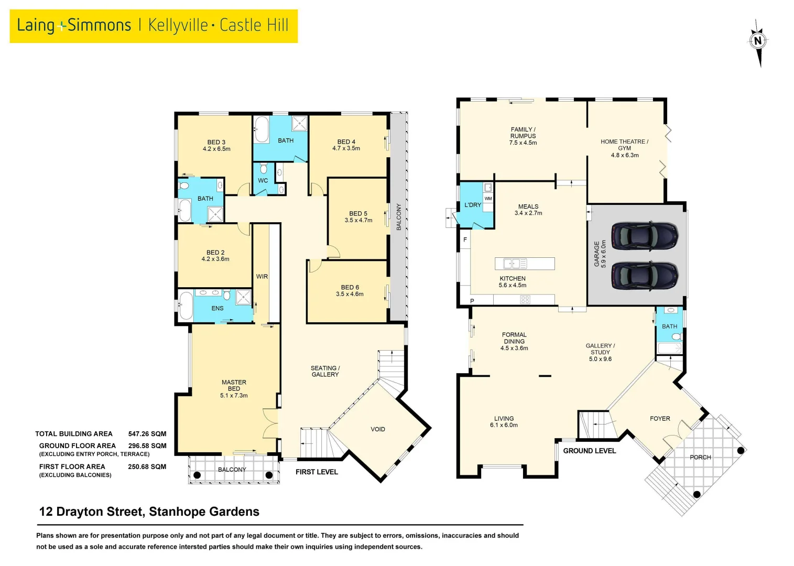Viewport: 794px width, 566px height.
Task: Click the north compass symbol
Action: tap(758, 41)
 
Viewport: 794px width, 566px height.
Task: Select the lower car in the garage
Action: tap(645, 275)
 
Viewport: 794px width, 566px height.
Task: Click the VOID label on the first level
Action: tap(377, 429)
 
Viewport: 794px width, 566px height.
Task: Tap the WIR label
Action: tap(262, 277)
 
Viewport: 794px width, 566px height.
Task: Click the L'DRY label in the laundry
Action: tap(472, 205)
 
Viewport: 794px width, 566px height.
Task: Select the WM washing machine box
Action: tap(488, 199)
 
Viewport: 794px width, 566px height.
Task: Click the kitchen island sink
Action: tap(512, 263)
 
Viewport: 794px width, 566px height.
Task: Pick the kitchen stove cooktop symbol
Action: tap(525, 300)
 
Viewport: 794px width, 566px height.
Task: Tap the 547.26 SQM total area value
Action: tap(147, 434)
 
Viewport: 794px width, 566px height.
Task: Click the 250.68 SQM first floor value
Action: tap(147, 466)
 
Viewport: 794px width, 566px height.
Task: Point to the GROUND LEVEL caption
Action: tap(589, 451)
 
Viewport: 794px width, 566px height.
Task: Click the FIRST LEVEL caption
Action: tap(317, 472)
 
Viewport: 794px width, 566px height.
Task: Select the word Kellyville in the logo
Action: tap(178, 25)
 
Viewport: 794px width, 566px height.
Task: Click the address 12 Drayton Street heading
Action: tap(149, 511)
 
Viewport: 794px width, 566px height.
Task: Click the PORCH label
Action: tap(700, 457)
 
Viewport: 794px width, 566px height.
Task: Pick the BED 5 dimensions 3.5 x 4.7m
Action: tap(358, 221)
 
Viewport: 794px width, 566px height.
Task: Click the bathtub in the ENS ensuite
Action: tap(186, 306)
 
